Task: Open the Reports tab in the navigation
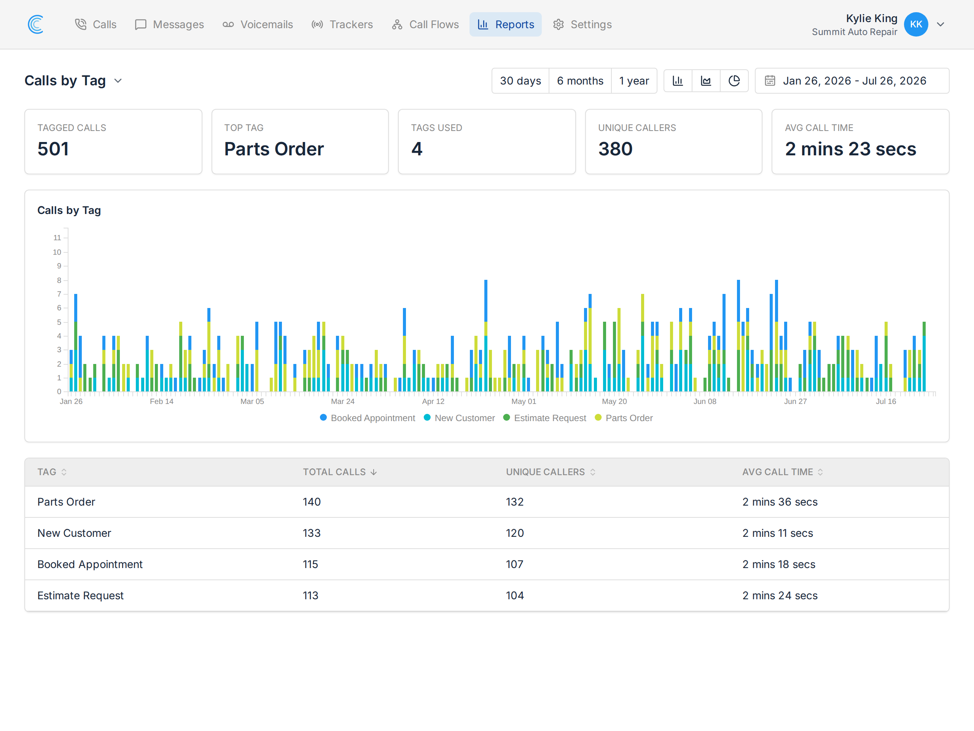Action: pos(506,24)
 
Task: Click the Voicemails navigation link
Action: pos(258,24)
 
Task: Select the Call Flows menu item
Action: pos(425,24)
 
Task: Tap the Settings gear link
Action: pos(582,24)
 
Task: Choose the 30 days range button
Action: pos(520,81)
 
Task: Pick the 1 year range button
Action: pos(634,81)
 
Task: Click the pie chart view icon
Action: pos(734,81)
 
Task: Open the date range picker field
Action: pos(852,81)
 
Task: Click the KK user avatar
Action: pos(916,24)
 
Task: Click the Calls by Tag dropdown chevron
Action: pos(118,81)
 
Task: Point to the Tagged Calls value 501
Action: pos(53,149)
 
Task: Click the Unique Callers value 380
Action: pos(615,149)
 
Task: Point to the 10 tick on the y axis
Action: pos(57,252)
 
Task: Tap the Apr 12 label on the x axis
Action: pos(433,401)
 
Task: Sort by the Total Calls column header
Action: pos(339,472)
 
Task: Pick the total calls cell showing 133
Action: pos(312,533)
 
